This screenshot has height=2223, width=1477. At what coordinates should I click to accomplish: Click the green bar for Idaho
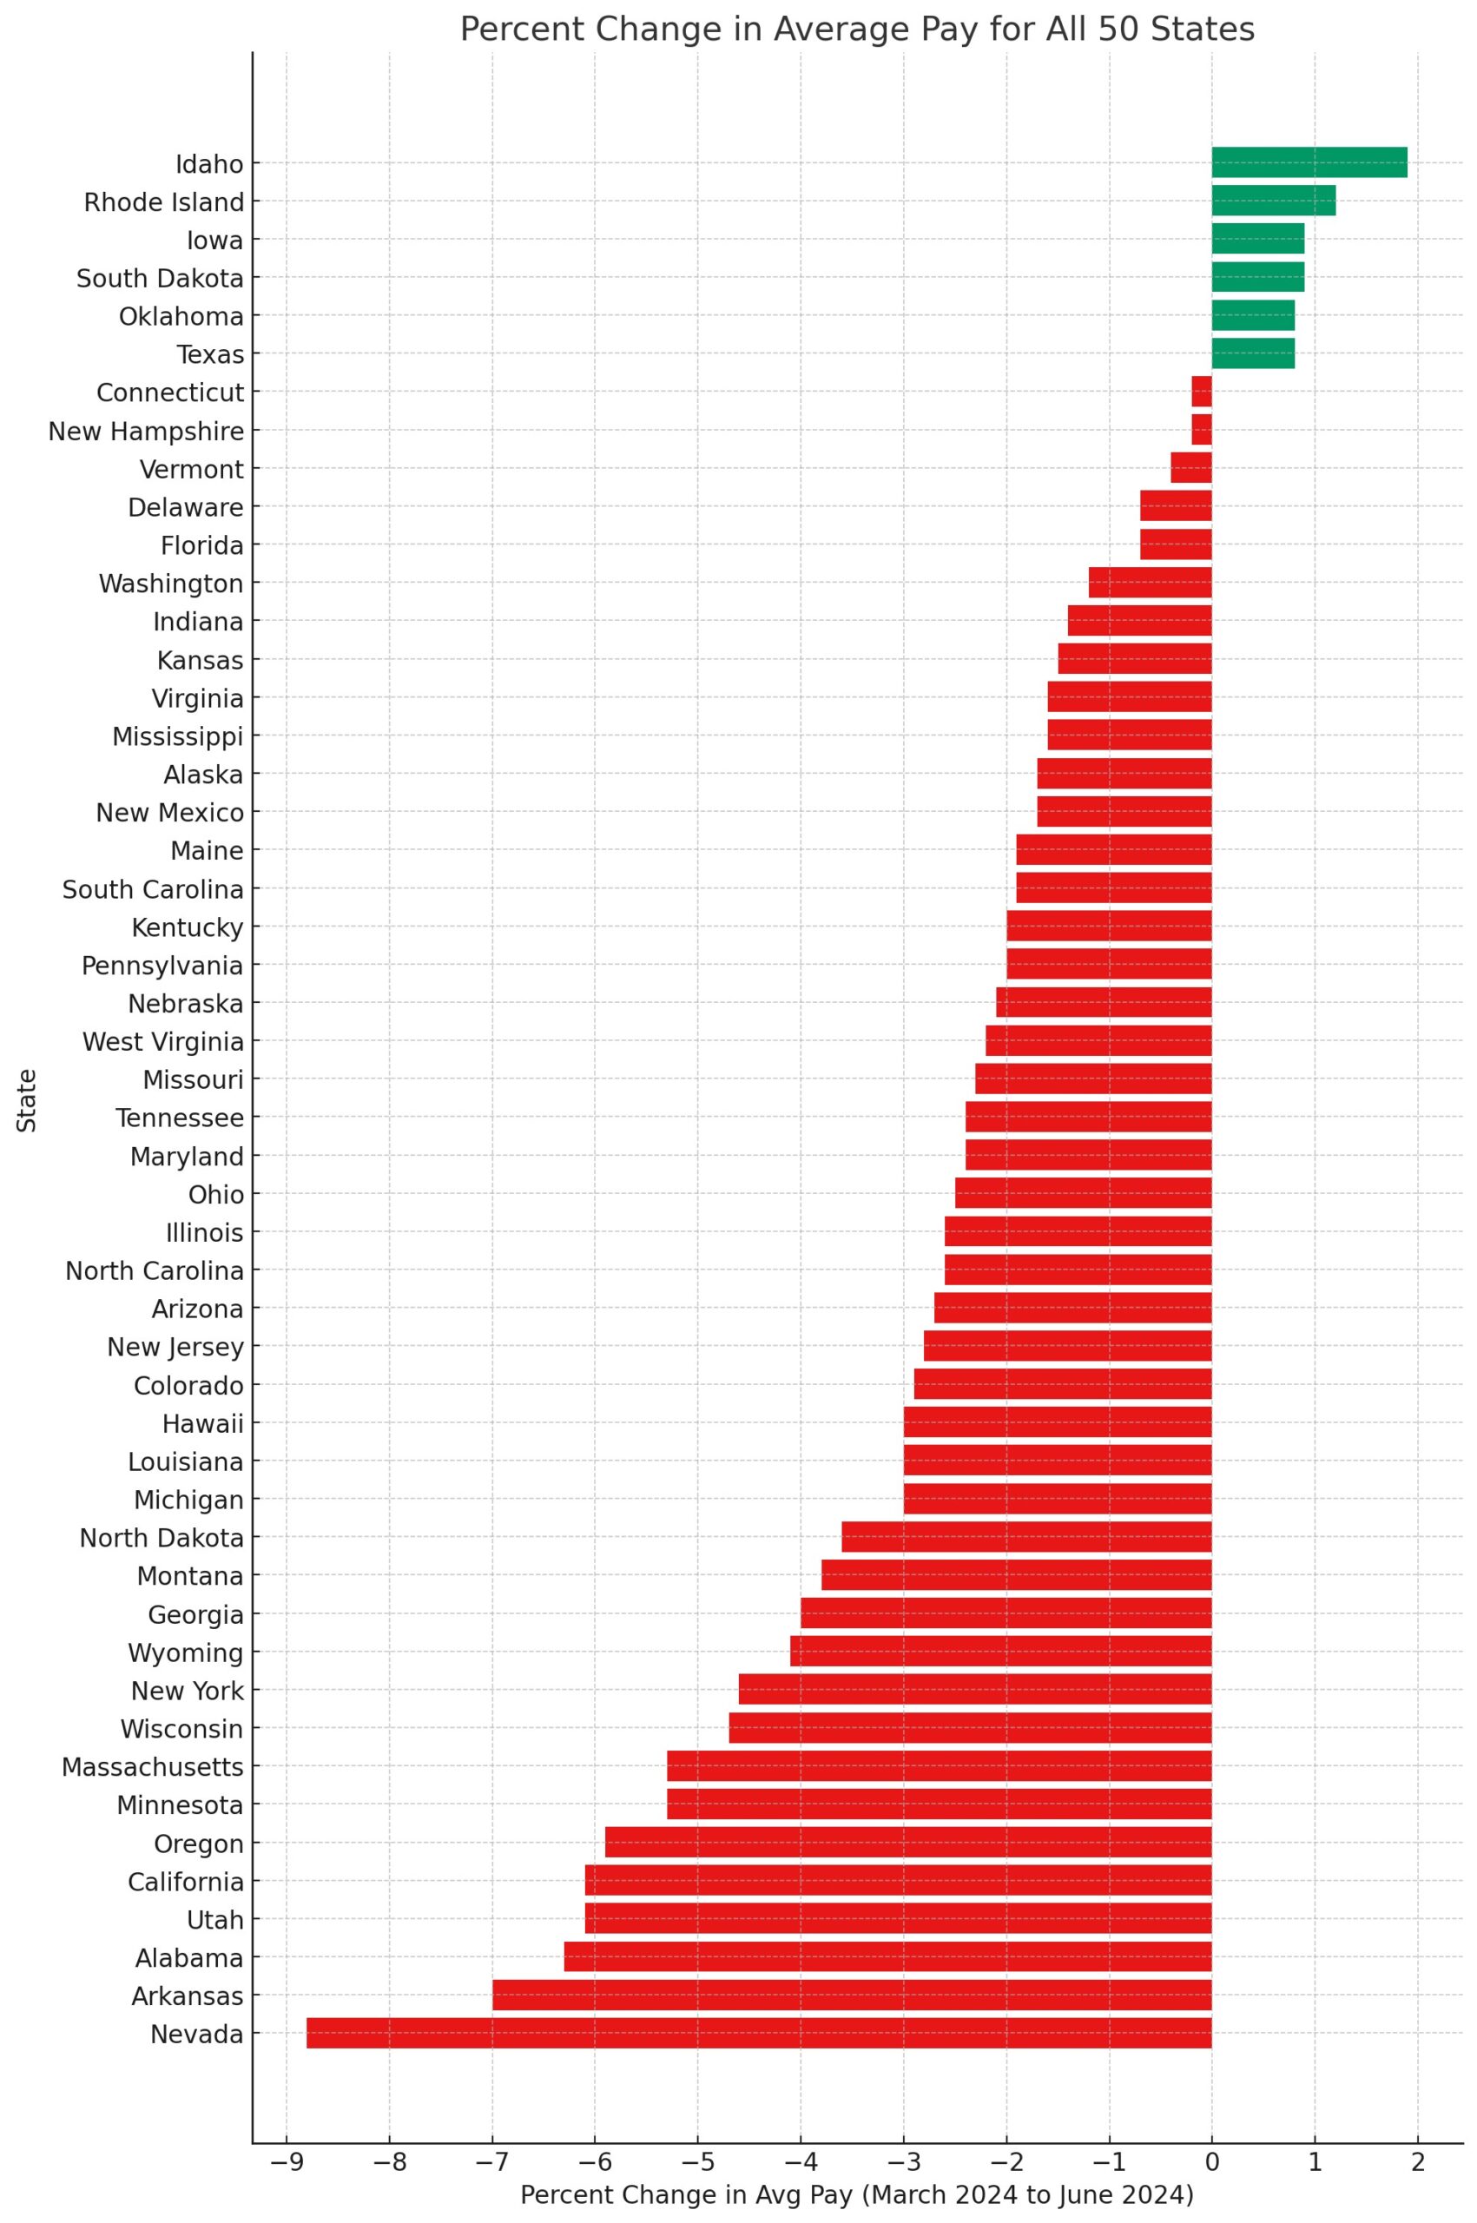coord(1309,163)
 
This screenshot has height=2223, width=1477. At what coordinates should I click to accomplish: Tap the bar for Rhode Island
coord(1273,201)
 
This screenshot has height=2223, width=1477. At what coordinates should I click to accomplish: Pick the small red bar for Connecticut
coord(1201,392)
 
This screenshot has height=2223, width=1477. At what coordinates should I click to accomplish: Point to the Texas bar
coord(1253,353)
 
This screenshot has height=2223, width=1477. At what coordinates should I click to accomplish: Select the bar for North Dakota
coord(1025,1537)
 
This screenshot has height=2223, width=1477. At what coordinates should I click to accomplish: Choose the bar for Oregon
coord(908,1843)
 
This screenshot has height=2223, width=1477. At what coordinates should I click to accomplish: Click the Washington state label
coord(170,584)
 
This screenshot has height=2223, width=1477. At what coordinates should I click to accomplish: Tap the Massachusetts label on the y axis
coord(153,1767)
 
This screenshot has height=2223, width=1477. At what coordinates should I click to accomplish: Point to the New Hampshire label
coord(146,432)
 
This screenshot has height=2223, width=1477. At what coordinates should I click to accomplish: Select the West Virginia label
coord(163,1042)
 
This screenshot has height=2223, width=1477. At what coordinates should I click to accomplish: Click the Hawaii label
coord(202,1423)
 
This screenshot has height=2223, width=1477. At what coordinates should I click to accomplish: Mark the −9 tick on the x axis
coord(287,2134)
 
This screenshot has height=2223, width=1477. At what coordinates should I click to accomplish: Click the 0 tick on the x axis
coord(1211,2134)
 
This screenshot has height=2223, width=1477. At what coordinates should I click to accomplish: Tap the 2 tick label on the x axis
coord(1417,2134)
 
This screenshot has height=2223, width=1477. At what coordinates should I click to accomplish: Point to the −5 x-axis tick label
coord(698,2134)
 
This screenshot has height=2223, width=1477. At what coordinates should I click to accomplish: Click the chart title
coord(856,30)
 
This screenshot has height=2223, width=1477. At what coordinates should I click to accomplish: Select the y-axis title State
coord(26,1099)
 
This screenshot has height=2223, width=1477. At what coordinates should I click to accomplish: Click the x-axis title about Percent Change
coord(856,2168)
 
